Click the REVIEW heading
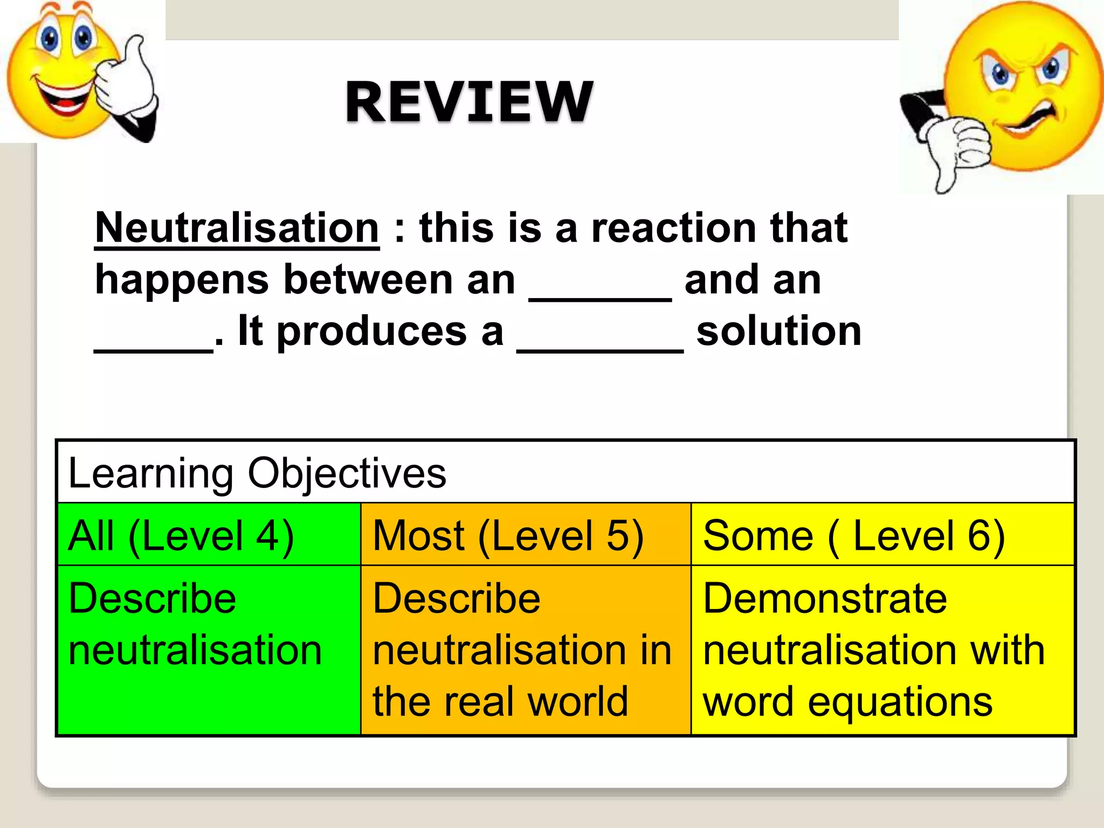tap(469, 101)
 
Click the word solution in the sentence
tap(778, 331)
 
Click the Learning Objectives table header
tap(258, 473)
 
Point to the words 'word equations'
tap(847, 702)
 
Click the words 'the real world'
tap(500, 702)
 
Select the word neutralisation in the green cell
tap(195, 650)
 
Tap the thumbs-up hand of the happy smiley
tap(127, 81)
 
